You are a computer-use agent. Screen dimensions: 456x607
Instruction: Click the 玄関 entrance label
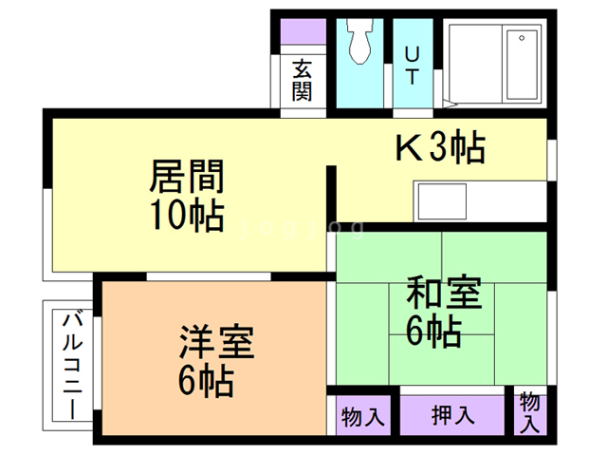pyautogui.click(x=303, y=81)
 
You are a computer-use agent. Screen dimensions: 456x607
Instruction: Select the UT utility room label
pyautogui.click(x=412, y=64)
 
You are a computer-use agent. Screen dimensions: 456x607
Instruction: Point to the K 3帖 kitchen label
pyautogui.click(x=440, y=147)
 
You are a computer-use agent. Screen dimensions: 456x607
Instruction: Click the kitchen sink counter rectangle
pyautogui.click(x=440, y=202)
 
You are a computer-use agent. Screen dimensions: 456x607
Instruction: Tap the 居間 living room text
pyautogui.click(x=187, y=178)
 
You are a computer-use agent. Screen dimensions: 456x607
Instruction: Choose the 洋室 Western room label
pyautogui.click(x=217, y=342)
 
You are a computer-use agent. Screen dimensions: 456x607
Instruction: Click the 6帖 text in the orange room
pyautogui.click(x=206, y=382)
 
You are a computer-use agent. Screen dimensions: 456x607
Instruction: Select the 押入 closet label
pyautogui.click(x=452, y=415)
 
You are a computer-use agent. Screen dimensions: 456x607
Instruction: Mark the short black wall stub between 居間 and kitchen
pyautogui.click(x=332, y=196)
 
